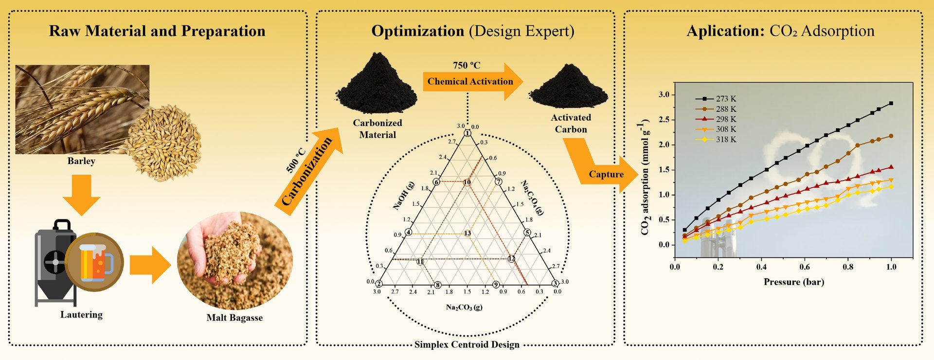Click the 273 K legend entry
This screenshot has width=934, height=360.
pos(725,99)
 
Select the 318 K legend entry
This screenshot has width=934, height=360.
pos(725,140)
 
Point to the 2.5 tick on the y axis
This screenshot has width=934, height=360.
pos(664,120)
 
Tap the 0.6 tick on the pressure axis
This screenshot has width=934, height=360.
pos(805,267)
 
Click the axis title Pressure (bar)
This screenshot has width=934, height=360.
pos(793,282)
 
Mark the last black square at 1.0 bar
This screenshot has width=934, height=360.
pos(891,104)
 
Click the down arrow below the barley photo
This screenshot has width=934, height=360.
pos(81,195)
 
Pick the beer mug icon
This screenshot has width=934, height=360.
pos(95,262)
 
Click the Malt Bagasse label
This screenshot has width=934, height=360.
pos(234,318)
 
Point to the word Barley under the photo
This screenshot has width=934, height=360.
pos(81,161)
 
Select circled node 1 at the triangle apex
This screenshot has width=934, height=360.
pos(467,133)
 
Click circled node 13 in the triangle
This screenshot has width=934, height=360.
pos(467,234)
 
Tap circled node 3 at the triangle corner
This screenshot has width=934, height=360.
pos(555,284)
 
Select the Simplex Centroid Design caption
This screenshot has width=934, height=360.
pos(467,345)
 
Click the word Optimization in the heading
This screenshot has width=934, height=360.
pos(417,31)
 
